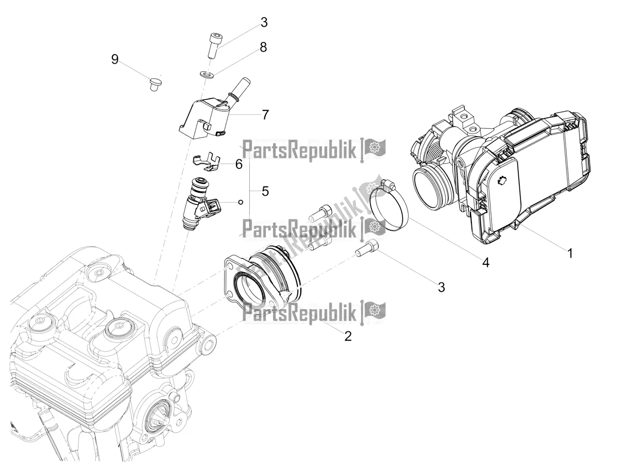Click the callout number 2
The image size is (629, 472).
(x=348, y=336)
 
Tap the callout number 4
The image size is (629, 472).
(x=486, y=263)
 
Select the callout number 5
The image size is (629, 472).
(x=265, y=191)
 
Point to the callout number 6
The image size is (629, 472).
(x=239, y=164)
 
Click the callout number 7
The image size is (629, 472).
(x=265, y=114)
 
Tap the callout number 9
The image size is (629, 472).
(x=114, y=59)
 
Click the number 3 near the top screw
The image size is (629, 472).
(x=264, y=22)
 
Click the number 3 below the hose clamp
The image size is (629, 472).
(x=441, y=287)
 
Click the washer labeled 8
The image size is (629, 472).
(x=208, y=76)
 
